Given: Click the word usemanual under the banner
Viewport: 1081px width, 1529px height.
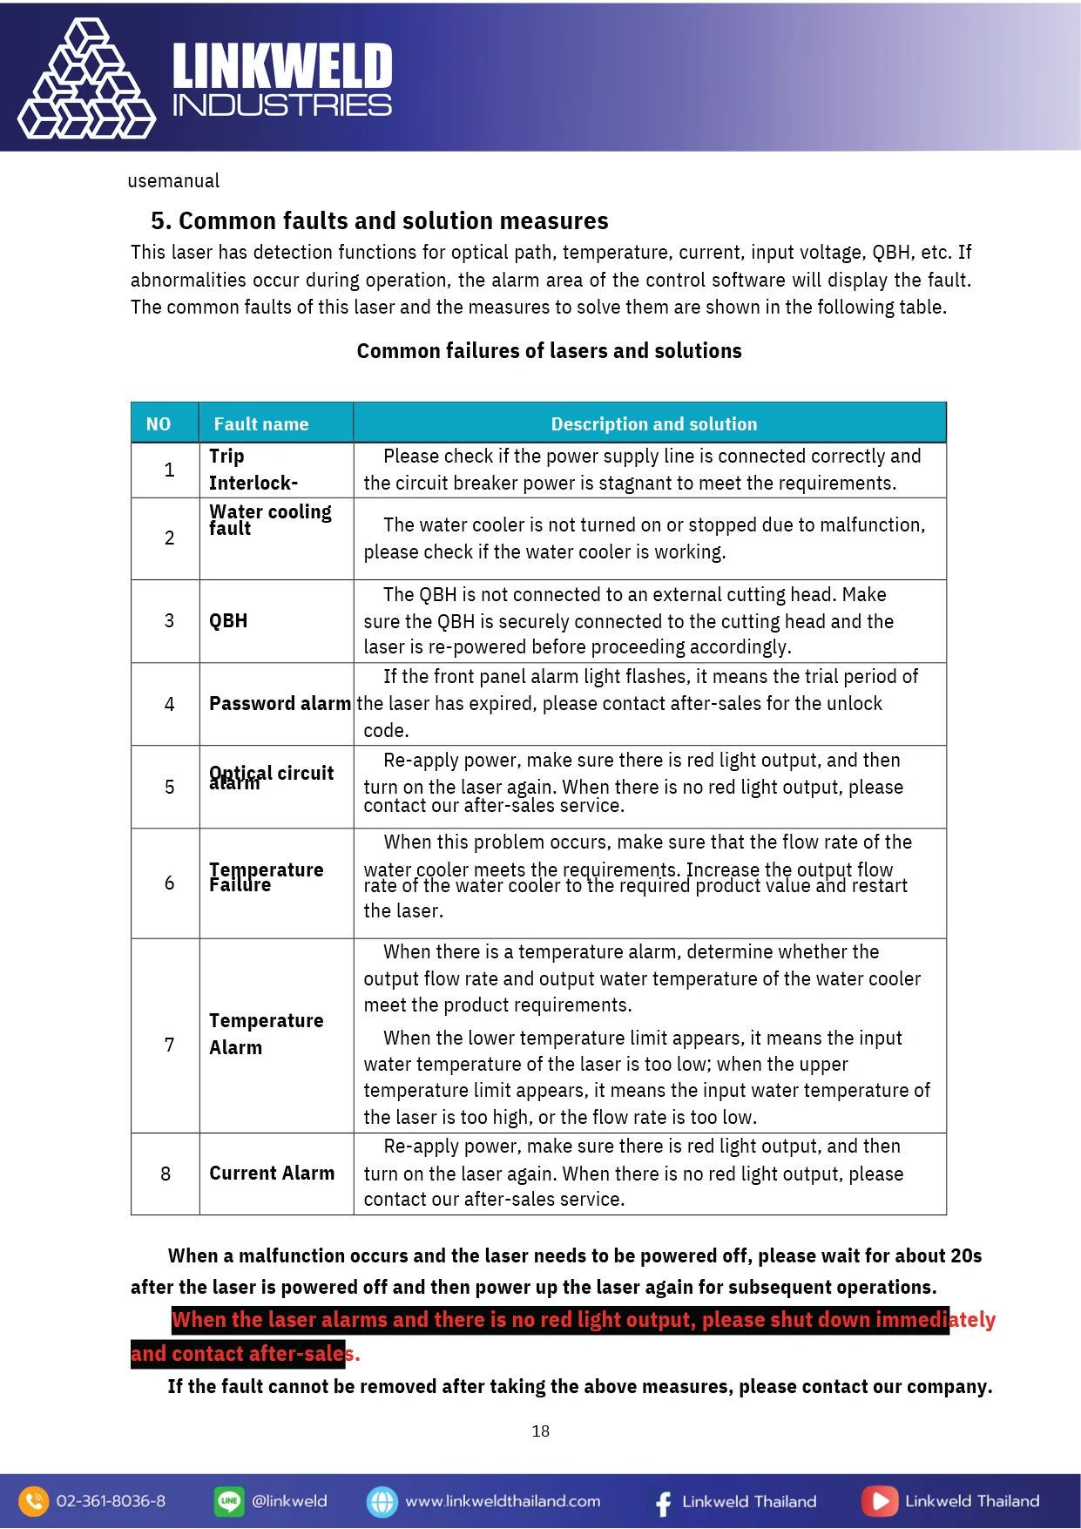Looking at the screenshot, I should pyautogui.click(x=173, y=181).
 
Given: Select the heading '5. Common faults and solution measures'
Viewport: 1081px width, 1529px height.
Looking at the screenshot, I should pyautogui.click(x=379, y=221).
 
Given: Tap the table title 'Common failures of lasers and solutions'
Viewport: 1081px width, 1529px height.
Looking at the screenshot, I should pyautogui.click(x=549, y=351).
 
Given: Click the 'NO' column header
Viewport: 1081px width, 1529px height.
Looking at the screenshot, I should pyautogui.click(x=159, y=424).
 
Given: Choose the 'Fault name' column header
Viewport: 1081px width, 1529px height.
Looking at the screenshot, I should pyautogui.click(x=261, y=424).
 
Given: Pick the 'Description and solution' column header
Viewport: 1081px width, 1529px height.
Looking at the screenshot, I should pyautogui.click(x=653, y=424).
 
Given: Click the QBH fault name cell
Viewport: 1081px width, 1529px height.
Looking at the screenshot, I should pyautogui.click(x=228, y=621).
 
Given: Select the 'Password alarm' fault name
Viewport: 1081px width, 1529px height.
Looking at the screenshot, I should pyautogui.click(x=280, y=704).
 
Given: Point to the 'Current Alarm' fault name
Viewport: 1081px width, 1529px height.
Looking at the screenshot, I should pyautogui.click(x=272, y=1174).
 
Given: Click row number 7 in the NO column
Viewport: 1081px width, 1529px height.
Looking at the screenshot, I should pyautogui.click(x=169, y=1045).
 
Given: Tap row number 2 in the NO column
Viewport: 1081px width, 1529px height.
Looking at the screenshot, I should pyautogui.click(x=169, y=538).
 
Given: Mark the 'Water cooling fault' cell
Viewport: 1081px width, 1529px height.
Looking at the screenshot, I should pyautogui.click(x=270, y=519).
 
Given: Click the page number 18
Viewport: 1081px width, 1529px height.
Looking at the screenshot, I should pyautogui.click(x=540, y=1431).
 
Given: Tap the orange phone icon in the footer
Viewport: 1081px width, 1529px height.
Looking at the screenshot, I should pyautogui.click(x=33, y=1501).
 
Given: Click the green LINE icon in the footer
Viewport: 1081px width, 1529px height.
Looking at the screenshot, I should pyautogui.click(x=229, y=1501).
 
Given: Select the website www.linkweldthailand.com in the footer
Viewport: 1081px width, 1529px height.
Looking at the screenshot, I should pyautogui.click(x=503, y=1501).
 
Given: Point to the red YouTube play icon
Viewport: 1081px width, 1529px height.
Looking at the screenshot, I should pyautogui.click(x=880, y=1501).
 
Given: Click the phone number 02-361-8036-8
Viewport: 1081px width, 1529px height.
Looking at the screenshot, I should pyautogui.click(x=111, y=1501).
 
